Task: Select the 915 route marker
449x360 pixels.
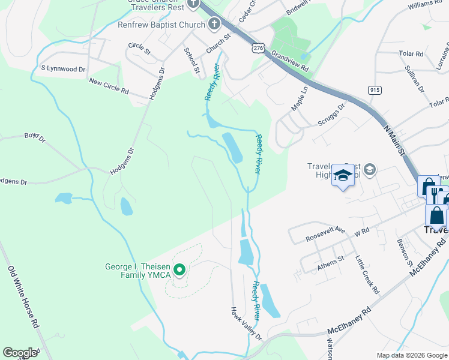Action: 375,90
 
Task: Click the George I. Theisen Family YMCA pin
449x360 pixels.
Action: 179,271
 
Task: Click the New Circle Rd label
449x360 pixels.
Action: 109,86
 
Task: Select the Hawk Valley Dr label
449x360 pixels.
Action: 247,324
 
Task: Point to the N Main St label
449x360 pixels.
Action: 394,139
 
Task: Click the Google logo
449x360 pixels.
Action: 20,353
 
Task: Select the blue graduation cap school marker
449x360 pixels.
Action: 343,176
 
